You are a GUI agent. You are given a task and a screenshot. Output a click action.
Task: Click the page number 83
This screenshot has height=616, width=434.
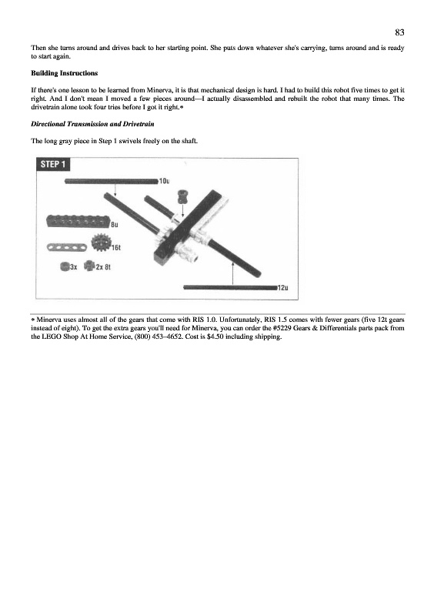(x=399, y=32)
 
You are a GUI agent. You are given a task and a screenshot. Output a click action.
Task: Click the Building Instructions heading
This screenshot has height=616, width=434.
(x=65, y=73)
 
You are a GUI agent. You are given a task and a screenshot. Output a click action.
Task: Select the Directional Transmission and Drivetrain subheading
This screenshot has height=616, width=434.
(x=92, y=124)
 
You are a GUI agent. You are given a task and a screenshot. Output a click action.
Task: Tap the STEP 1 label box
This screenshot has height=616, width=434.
(x=53, y=164)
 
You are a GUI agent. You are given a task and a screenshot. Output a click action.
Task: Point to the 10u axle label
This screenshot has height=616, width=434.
(x=164, y=181)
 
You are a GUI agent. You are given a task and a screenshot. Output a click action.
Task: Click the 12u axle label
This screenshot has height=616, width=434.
(x=282, y=287)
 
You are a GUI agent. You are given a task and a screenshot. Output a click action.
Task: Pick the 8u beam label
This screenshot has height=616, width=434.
(x=115, y=225)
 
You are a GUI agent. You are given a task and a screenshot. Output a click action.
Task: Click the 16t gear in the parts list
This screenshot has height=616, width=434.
(x=101, y=243)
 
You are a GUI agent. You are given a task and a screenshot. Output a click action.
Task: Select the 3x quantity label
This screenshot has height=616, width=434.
(x=73, y=267)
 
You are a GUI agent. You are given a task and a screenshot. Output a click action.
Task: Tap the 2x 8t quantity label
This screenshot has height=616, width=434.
(x=103, y=267)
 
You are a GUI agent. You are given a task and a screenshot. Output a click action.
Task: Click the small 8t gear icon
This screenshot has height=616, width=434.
(x=89, y=266)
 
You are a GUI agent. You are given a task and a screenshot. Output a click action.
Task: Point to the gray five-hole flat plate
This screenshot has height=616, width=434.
(x=68, y=247)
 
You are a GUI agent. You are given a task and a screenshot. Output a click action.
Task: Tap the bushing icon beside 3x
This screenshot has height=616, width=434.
(x=65, y=266)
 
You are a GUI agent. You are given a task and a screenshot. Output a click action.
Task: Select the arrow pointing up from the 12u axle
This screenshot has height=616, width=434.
(x=233, y=273)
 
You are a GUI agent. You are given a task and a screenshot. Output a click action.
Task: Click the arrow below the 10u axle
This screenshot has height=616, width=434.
(x=115, y=189)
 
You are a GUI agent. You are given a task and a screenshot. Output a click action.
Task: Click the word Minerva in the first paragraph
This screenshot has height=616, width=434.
(x=159, y=90)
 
